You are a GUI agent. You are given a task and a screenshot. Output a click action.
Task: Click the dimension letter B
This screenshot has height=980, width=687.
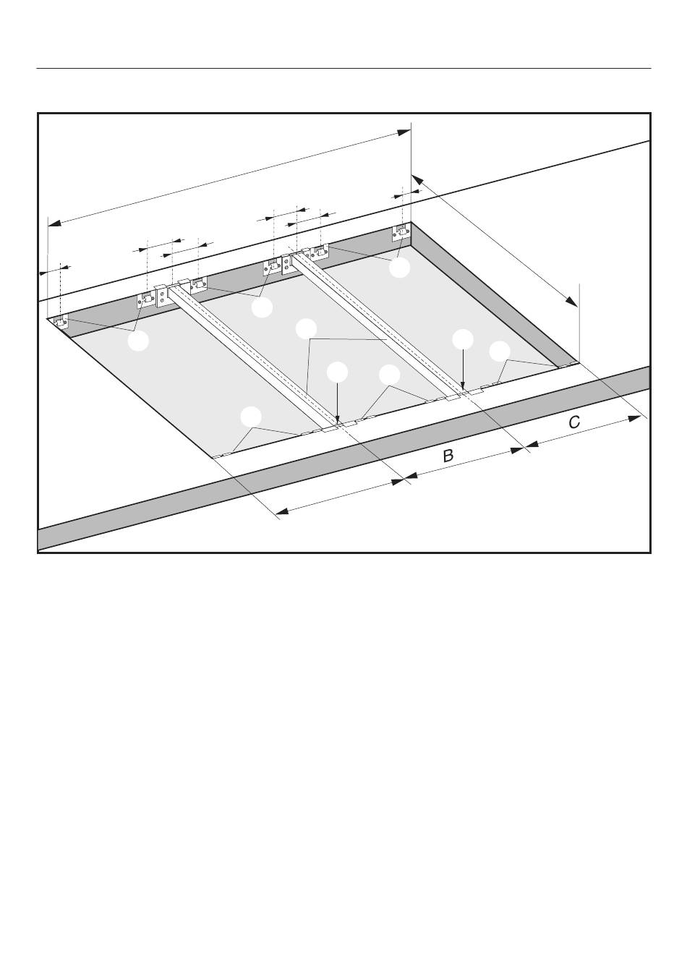click(x=448, y=456)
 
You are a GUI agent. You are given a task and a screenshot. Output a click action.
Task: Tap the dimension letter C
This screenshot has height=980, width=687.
click(x=574, y=422)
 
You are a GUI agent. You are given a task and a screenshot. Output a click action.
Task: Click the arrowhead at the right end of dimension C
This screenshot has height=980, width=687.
click(x=634, y=418)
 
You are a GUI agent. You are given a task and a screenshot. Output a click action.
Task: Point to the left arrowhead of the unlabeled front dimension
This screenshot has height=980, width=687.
click(x=283, y=511)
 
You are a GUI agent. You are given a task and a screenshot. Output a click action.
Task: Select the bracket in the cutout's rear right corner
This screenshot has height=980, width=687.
click(x=401, y=232)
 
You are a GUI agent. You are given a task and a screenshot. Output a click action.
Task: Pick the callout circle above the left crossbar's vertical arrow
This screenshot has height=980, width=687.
click(x=338, y=372)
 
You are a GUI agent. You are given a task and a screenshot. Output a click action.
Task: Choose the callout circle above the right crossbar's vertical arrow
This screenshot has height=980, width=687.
click(x=463, y=339)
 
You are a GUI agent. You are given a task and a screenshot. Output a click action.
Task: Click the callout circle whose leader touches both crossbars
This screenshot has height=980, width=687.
click(x=307, y=329)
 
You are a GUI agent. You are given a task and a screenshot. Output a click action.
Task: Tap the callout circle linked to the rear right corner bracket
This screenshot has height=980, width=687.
click(x=399, y=268)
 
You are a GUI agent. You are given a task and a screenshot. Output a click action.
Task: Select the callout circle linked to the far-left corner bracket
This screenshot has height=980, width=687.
click(x=138, y=341)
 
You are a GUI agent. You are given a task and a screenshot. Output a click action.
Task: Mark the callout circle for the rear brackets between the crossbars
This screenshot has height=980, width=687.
click(x=263, y=307)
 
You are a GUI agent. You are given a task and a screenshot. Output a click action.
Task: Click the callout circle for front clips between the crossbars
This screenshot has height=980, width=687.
click(x=390, y=375)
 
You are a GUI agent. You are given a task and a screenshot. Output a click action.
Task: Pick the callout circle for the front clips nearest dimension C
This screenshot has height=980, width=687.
click(x=499, y=351)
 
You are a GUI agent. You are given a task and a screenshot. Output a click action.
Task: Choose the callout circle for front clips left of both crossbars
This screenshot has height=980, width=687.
click(x=251, y=417)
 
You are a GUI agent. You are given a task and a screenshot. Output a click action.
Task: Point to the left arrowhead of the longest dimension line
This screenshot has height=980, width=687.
click(x=54, y=223)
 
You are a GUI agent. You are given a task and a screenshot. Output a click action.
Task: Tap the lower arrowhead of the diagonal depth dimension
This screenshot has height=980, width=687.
click(x=571, y=301)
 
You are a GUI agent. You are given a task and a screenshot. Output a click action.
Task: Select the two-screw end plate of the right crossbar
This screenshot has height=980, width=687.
click(x=288, y=264)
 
